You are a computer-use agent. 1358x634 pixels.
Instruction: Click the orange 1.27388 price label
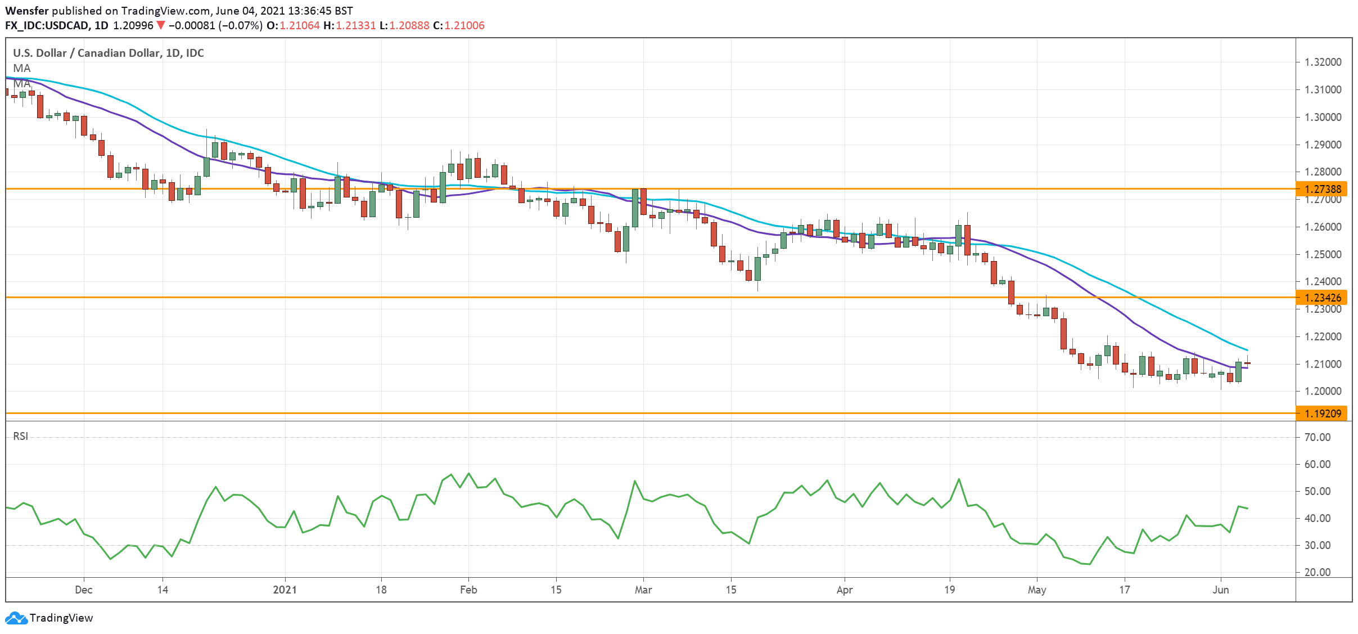click(x=1323, y=189)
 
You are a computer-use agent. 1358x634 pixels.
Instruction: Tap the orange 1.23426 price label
click(x=1323, y=298)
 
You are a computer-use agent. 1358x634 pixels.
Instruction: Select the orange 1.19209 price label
click(x=1323, y=413)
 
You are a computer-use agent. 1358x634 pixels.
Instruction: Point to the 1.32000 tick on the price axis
click(x=1323, y=62)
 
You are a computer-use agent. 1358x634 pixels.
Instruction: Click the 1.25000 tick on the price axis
click(x=1323, y=254)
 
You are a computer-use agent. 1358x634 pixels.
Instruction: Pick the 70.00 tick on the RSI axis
click(x=1317, y=437)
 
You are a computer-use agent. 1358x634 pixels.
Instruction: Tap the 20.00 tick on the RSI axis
click(x=1317, y=572)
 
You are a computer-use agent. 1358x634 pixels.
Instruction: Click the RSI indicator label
click(x=21, y=436)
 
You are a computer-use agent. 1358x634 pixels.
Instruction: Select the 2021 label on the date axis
click(x=285, y=590)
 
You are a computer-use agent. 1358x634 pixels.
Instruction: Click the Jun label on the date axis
click(x=1220, y=590)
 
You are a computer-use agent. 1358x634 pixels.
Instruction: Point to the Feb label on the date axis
click(x=468, y=590)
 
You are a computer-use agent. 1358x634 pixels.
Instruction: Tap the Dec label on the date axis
click(x=83, y=590)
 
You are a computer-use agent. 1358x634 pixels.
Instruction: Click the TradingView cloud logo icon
click(x=16, y=618)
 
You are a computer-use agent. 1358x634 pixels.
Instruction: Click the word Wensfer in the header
click(x=26, y=11)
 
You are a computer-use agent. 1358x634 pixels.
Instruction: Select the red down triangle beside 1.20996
click(x=161, y=25)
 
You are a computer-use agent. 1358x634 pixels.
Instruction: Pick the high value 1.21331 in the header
click(x=355, y=25)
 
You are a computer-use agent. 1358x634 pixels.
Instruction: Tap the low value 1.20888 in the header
click(x=409, y=25)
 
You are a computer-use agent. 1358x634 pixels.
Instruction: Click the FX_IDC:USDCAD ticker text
click(x=47, y=25)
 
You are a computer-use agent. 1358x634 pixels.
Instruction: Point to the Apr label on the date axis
click(x=844, y=590)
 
